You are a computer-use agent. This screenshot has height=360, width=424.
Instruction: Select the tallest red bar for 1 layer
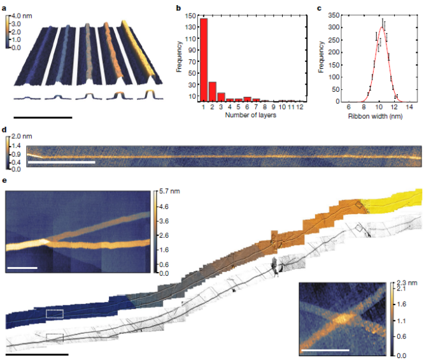point(204,60)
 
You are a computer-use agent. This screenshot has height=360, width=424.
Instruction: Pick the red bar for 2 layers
point(213,91)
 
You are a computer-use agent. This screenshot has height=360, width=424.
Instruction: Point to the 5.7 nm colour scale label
point(169,191)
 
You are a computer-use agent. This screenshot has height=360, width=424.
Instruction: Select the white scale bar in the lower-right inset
point(325,350)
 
